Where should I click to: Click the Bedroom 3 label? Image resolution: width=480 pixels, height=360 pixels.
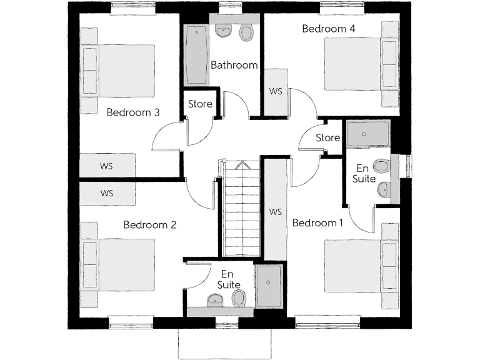[133, 112]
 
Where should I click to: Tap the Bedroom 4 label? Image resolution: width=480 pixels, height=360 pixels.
[328, 29]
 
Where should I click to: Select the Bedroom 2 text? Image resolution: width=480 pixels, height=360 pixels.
[149, 225]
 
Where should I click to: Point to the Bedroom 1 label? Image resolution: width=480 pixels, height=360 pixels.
[317, 223]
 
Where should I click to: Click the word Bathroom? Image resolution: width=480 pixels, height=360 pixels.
[234, 65]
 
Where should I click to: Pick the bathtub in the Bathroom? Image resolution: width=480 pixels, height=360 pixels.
[196, 55]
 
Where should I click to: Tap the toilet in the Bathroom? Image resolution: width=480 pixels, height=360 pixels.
[247, 32]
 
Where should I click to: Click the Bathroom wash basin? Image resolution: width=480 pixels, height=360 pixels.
[223, 31]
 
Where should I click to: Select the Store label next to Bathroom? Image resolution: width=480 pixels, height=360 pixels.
[200, 104]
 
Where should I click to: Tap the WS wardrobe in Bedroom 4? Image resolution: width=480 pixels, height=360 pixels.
[276, 91]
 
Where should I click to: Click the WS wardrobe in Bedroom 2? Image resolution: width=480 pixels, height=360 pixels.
[107, 193]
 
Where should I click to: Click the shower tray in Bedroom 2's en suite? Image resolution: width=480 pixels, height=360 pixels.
[269, 286]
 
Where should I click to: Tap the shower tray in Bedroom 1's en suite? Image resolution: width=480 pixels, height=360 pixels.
[368, 133]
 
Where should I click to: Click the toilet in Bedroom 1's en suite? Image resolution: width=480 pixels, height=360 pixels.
[381, 166]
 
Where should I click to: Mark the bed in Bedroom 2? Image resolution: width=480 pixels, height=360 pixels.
[119, 264]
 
